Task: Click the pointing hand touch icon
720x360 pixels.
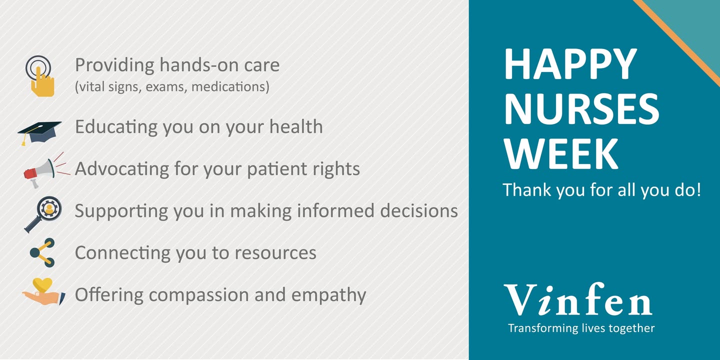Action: pyautogui.click(x=40, y=77)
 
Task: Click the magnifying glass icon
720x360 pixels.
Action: pyautogui.click(x=43, y=214)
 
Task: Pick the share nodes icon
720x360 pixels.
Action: pyautogui.click(x=42, y=252)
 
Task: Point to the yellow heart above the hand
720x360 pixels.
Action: pyautogui.click(x=43, y=285)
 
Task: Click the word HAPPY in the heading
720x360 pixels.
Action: pyautogui.click(x=570, y=64)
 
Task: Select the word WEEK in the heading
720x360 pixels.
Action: pyautogui.click(x=561, y=154)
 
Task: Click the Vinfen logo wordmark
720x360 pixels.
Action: pyautogui.click(x=578, y=300)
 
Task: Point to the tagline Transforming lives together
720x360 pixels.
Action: pyautogui.click(x=581, y=328)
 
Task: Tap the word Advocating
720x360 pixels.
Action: pyautogui.click(x=122, y=169)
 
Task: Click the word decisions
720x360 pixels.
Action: pyautogui.click(x=419, y=211)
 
